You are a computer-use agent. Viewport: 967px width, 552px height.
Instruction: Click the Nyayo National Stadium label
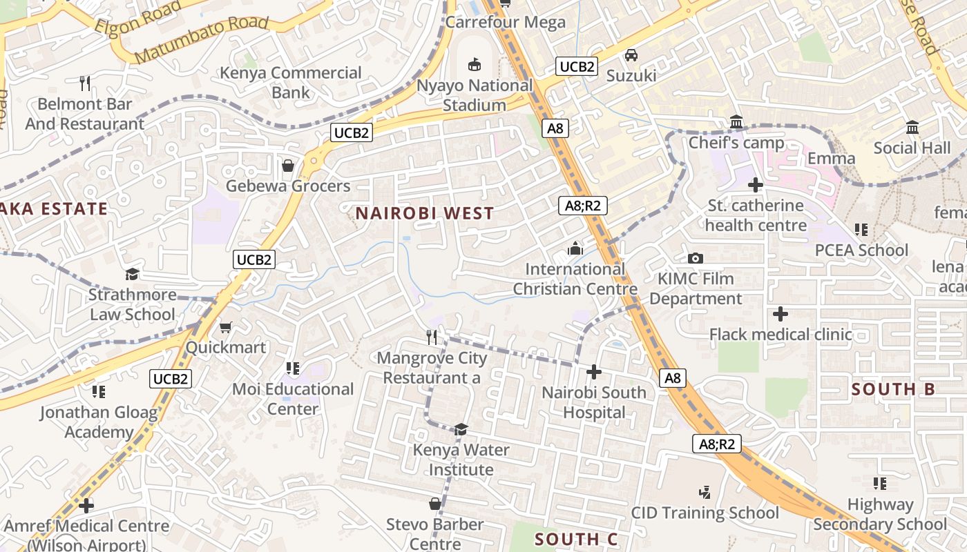click(x=475, y=95)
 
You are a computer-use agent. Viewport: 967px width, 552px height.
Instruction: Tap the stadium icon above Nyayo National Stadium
click(x=475, y=65)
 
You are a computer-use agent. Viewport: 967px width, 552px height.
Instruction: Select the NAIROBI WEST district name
click(x=425, y=213)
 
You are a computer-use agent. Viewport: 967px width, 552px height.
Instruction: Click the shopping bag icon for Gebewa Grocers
click(x=288, y=166)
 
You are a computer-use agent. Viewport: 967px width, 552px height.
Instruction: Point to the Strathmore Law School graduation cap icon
click(x=133, y=275)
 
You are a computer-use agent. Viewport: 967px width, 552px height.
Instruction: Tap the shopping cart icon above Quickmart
click(x=225, y=327)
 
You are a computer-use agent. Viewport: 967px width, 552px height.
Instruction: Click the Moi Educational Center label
click(x=293, y=399)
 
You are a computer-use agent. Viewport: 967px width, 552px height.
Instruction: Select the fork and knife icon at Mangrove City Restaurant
click(x=432, y=337)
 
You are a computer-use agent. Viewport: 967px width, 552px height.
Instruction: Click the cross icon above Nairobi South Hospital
click(x=593, y=373)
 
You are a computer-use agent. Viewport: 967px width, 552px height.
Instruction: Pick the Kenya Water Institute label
click(x=462, y=460)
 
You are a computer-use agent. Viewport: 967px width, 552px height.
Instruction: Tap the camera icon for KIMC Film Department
click(x=696, y=259)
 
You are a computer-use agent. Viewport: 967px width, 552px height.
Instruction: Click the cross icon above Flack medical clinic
click(x=781, y=315)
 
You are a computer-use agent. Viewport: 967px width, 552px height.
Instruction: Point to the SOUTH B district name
click(x=893, y=389)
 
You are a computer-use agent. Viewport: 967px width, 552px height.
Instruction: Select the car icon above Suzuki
click(x=631, y=55)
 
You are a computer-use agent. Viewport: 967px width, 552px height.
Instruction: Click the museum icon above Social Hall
click(x=912, y=128)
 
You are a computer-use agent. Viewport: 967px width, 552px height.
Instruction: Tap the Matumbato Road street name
click(x=201, y=39)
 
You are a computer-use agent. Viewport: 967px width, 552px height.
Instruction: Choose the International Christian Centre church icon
click(x=575, y=248)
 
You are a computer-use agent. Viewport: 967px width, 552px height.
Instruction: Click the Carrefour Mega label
click(x=505, y=21)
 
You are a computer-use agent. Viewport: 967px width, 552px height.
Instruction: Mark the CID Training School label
click(x=705, y=513)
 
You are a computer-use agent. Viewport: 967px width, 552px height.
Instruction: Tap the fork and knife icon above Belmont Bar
click(x=85, y=83)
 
